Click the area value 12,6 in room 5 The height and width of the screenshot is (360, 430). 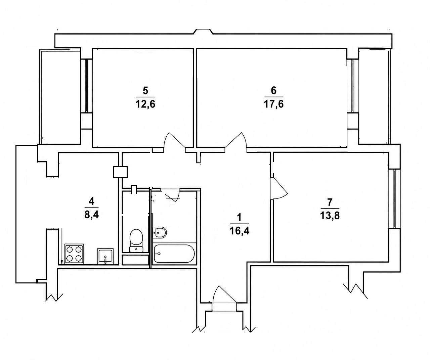pos(145,104)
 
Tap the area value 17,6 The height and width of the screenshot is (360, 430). pos(274,104)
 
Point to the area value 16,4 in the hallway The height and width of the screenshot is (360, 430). pos(239,231)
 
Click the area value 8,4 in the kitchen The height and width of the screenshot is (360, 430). pos(92,215)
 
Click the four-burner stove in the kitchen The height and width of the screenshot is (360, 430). pos(74,254)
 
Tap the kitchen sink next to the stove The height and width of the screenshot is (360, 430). pos(105,256)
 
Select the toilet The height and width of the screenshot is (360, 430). pos(136,240)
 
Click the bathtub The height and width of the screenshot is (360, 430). pos(174,254)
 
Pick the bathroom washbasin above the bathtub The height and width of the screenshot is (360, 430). pos(159,233)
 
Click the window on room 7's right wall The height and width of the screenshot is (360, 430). pos(394,199)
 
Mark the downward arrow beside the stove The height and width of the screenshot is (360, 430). pos(61,246)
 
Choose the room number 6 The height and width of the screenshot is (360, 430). pos(274,91)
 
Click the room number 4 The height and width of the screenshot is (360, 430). pos(91,201)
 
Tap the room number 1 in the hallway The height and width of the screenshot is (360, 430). pos(239,217)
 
